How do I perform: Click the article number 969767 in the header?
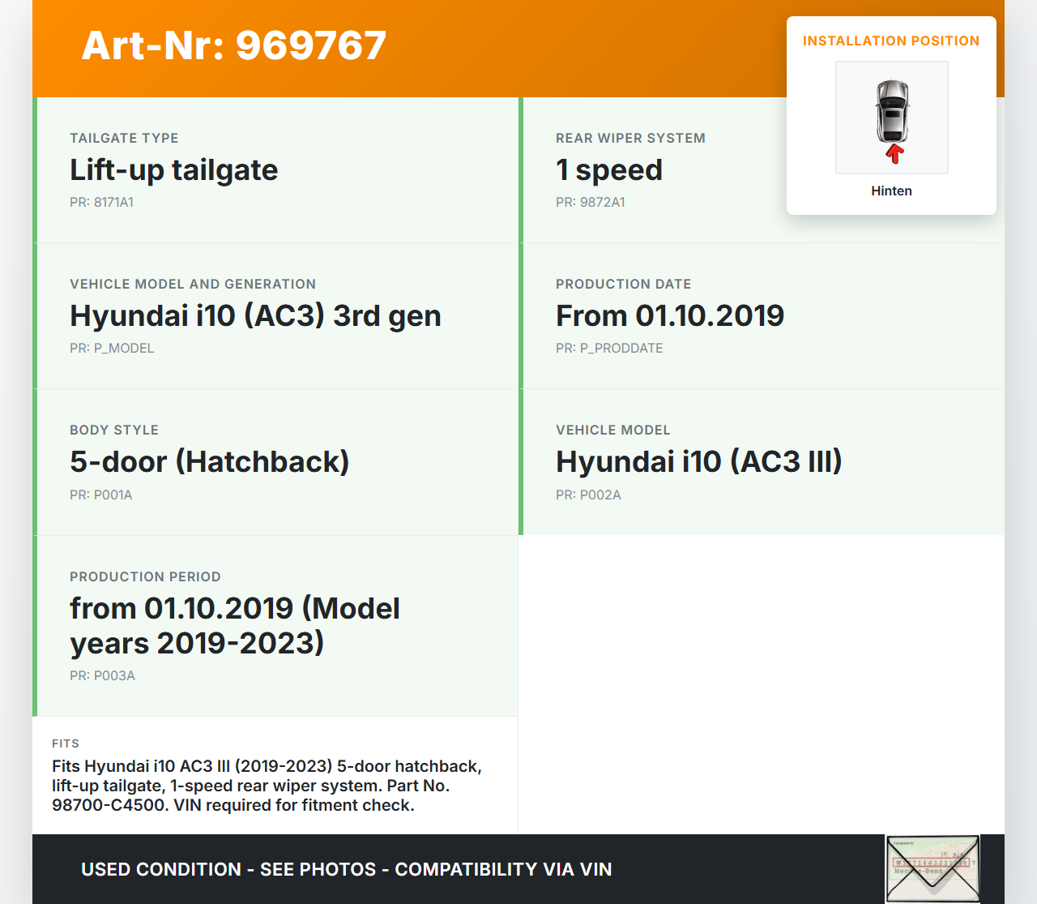(310, 45)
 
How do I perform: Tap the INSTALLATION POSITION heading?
(891, 41)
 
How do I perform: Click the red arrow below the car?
(894, 154)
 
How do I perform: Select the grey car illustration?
(892, 112)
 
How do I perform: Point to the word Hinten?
(891, 191)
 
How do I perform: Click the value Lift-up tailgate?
(174, 169)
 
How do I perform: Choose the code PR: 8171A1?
(101, 203)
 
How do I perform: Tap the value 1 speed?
(609, 169)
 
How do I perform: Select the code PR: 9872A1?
(591, 203)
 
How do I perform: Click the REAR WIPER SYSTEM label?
(630, 138)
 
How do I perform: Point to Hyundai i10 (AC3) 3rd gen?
(255, 316)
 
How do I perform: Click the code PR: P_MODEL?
(112, 349)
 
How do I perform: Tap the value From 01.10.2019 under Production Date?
(670, 316)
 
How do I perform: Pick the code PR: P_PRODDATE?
(609, 349)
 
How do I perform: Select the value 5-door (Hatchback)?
(210, 462)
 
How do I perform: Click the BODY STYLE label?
(114, 430)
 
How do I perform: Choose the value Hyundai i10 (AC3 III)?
(699, 462)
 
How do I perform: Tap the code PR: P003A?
(102, 676)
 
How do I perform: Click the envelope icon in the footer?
(932, 868)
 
